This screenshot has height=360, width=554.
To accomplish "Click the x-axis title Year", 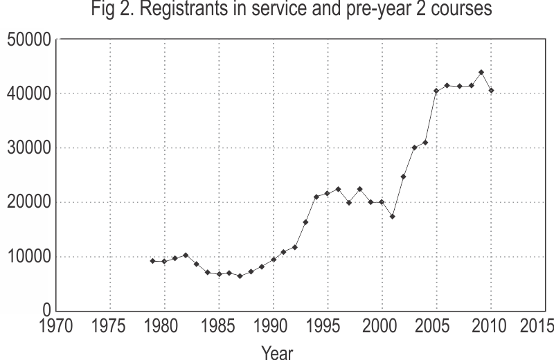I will tap(277, 352).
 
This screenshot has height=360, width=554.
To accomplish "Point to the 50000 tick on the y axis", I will tap(29, 39).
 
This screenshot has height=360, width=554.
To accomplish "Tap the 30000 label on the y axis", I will tap(29, 148).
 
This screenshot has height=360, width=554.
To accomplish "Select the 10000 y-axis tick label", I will tap(29, 257).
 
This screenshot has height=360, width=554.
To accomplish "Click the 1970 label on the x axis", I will tap(56, 325).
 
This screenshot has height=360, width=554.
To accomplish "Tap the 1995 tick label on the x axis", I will tap(327, 325).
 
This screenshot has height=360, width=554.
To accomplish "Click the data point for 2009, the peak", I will tap(481, 72).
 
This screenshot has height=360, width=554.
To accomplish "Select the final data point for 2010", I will tap(492, 91).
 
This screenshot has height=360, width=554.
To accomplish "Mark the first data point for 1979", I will tap(152, 261).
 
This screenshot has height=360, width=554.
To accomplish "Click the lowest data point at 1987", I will tap(240, 276).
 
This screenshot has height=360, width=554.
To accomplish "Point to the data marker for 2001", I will tap(393, 217).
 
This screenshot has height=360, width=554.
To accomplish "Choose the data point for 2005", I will tap(436, 91).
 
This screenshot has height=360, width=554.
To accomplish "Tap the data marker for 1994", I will tap(316, 197).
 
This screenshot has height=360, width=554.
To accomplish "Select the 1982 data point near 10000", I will tap(186, 255).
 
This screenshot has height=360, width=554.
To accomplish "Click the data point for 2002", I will tap(404, 177).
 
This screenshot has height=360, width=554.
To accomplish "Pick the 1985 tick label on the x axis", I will tap(218, 325).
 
